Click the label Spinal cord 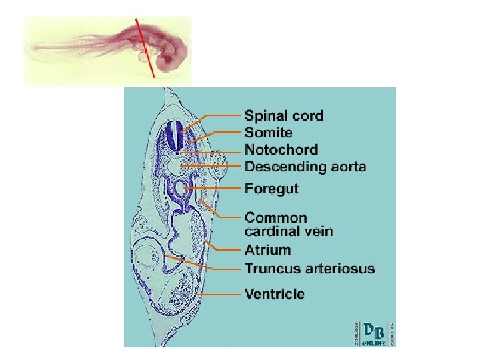click(x=283, y=116)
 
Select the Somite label click(x=268, y=133)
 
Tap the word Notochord click(x=281, y=150)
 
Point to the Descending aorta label click(x=305, y=167)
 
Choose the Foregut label click(x=271, y=189)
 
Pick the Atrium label click(x=267, y=251)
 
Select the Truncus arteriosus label click(x=309, y=269)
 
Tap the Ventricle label click(x=275, y=294)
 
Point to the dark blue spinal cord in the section click(x=175, y=136)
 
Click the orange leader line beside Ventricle click(x=220, y=294)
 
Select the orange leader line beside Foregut click(x=213, y=189)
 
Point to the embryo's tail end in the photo click(x=33, y=48)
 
